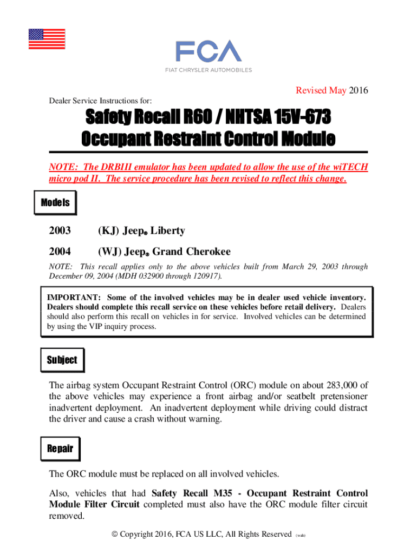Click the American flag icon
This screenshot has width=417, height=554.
click(x=47, y=39)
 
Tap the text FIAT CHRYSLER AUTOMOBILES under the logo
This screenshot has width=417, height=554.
click(x=208, y=70)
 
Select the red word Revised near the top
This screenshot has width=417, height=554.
click(x=312, y=90)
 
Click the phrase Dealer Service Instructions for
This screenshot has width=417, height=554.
click(x=100, y=101)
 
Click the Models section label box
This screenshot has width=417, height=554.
click(x=55, y=203)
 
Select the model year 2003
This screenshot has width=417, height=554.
click(x=60, y=231)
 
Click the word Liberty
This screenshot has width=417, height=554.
click(x=168, y=231)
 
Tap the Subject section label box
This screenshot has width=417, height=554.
click(x=62, y=360)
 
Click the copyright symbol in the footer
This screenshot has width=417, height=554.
click(x=115, y=535)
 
